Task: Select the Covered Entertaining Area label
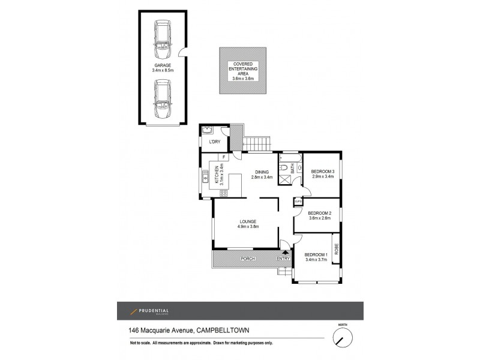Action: pyautogui.click(x=243, y=71)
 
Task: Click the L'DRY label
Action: pyautogui.click(x=214, y=142)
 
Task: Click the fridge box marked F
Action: pyautogui.click(x=223, y=157)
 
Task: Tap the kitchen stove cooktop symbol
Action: pyautogui.click(x=224, y=193)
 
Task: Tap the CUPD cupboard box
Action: pyautogui.click(x=298, y=203)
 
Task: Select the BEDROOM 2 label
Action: pyautogui.click(x=320, y=213)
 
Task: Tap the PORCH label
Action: pyautogui.click(x=248, y=259)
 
